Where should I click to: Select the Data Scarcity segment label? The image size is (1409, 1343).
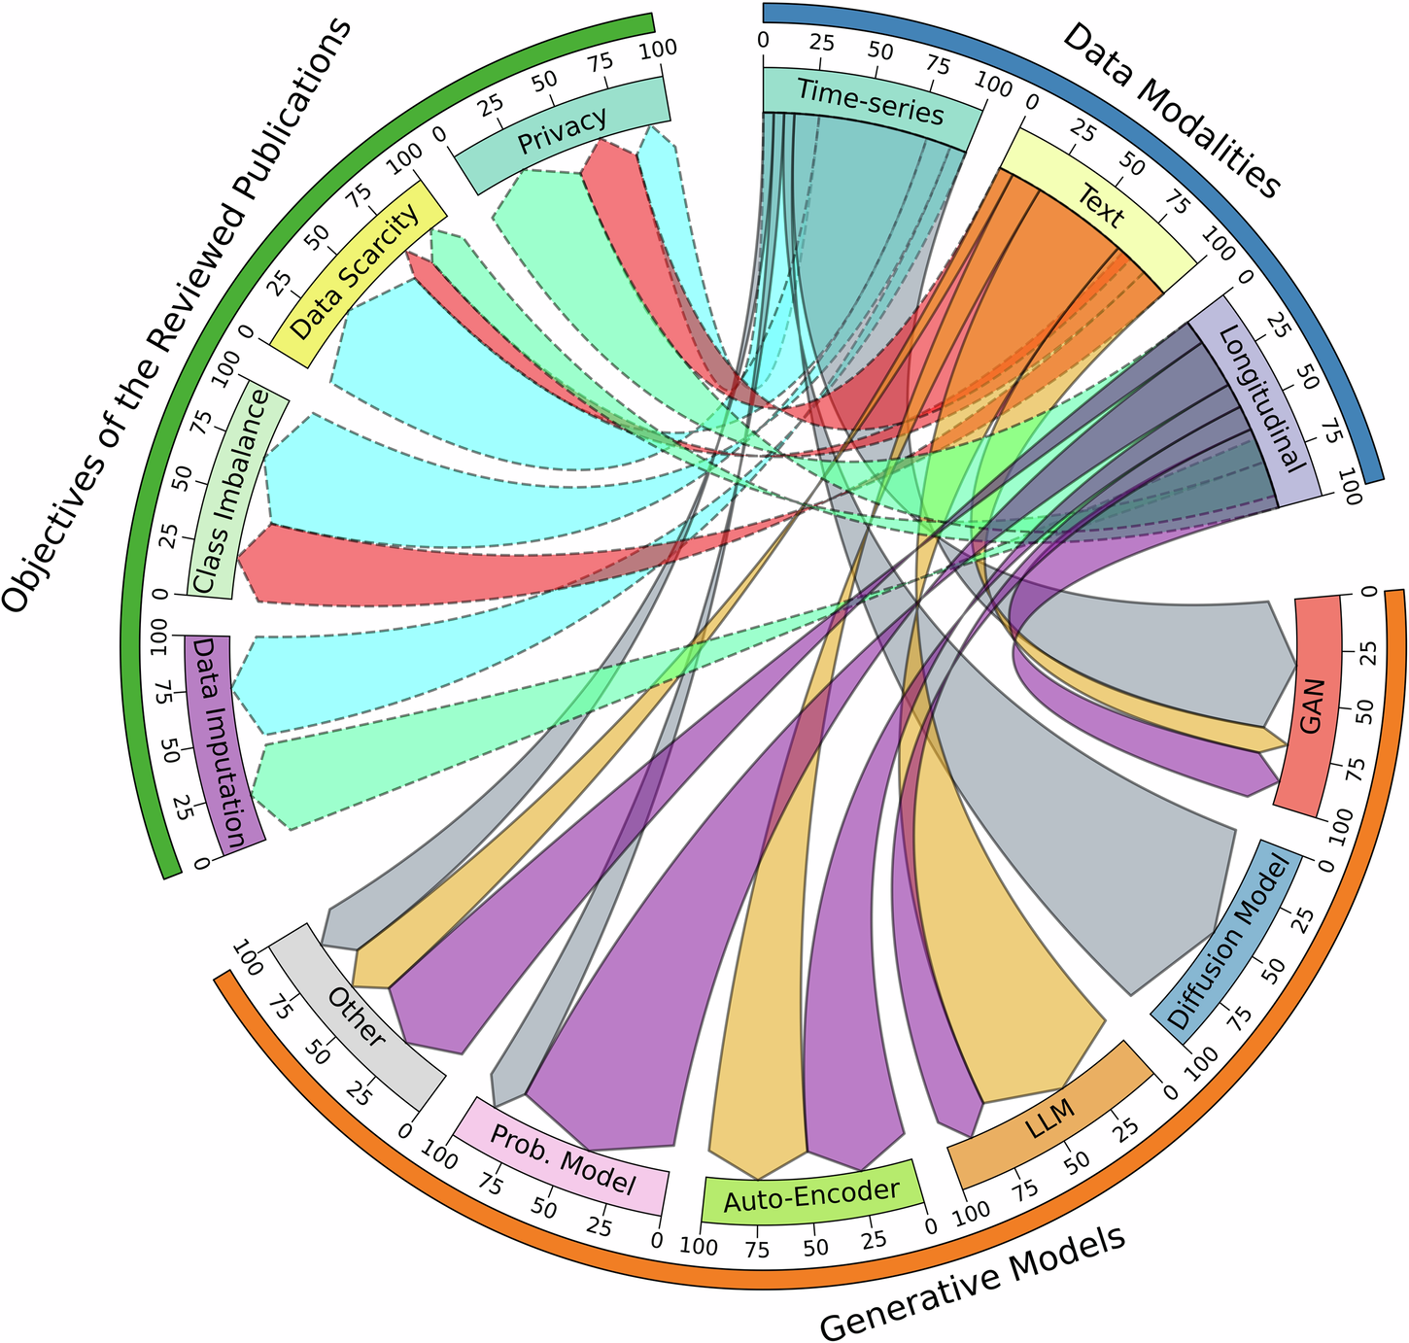click(356, 271)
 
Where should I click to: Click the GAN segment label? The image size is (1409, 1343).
click(1311, 706)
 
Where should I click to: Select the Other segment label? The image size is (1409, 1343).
click(357, 1017)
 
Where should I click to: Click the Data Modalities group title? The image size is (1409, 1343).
click(1171, 109)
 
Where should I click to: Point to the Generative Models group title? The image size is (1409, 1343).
click(973, 1280)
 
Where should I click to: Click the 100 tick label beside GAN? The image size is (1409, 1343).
click(1341, 825)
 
